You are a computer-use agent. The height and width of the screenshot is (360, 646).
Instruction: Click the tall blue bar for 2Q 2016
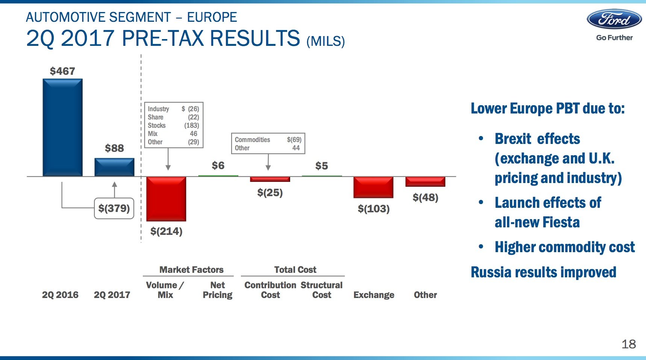(62, 127)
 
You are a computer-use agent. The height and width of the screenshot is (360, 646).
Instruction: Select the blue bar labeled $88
(114, 167)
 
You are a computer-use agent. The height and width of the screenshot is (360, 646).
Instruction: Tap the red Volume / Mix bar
(166, 198)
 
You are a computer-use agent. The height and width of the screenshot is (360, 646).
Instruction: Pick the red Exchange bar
(373, 187)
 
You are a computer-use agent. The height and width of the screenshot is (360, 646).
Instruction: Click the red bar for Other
(425, 182)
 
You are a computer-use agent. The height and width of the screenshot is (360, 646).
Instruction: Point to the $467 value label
(62, 71)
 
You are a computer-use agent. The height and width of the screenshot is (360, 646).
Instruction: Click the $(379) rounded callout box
(114, 208)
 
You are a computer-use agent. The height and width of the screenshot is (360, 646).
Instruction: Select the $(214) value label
(166, 231)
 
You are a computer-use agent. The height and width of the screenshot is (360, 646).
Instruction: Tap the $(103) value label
(373, 209)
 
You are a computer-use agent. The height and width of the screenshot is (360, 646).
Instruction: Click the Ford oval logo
(614, 19)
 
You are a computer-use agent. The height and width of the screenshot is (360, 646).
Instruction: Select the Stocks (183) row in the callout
(173, 126)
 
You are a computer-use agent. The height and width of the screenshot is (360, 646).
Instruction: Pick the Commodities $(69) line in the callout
(268, 140)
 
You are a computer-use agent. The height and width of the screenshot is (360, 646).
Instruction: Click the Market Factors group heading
(191, 269)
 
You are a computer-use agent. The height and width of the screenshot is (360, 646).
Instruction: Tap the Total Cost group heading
(295, 269)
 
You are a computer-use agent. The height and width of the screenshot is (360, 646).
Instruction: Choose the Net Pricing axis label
(218, 290)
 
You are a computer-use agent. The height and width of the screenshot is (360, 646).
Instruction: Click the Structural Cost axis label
(322, 290)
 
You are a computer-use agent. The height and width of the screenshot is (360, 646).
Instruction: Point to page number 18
(628, 344)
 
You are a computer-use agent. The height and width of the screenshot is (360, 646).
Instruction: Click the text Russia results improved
(543, 272)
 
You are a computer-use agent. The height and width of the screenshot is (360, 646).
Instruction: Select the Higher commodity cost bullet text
(564, 247)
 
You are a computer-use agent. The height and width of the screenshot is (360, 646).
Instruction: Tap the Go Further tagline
(614, 38)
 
